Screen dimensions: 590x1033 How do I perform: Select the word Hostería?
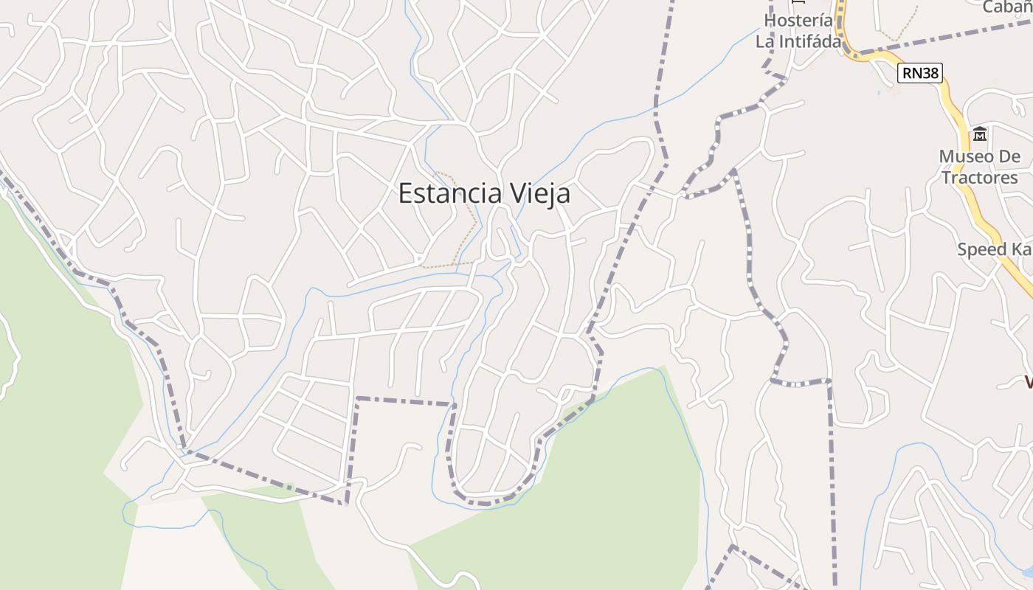coord(798,21)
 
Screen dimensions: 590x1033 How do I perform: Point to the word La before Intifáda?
coord(764,41)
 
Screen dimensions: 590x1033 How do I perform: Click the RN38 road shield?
coord(921,72)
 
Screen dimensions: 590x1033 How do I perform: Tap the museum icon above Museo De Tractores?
coord(980,134)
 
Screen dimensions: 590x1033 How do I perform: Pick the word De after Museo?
coord(1010,156)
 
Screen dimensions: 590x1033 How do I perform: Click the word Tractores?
coord(980,178)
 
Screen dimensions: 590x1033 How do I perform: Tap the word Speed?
coord(982,249)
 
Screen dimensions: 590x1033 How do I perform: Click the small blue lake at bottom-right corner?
coord(1027,572)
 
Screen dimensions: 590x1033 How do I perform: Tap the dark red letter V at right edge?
coord(1027,382)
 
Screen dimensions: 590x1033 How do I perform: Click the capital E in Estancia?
coord(405,193)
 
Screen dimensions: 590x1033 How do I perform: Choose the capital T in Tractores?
coord(947,178)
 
